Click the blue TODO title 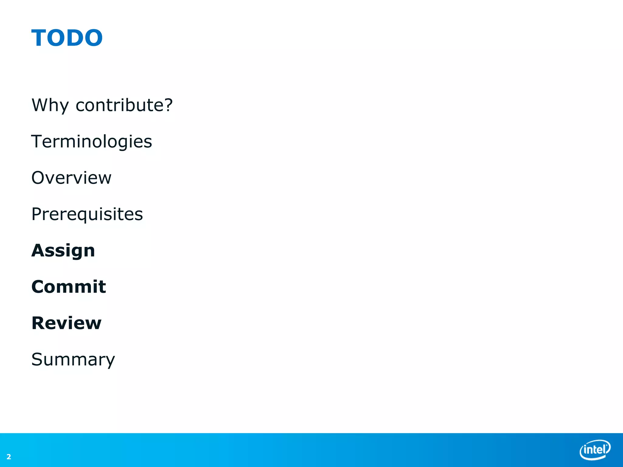point(67,38)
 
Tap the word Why point(50,106)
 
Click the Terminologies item point(92,142)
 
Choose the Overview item point(71,178)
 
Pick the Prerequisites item point(87,214)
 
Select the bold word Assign point(63,251)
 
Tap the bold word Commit point(69,287)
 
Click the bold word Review point(66,323)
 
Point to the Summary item point(73,360)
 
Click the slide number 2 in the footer point(9,457)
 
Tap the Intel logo point(595,450)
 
